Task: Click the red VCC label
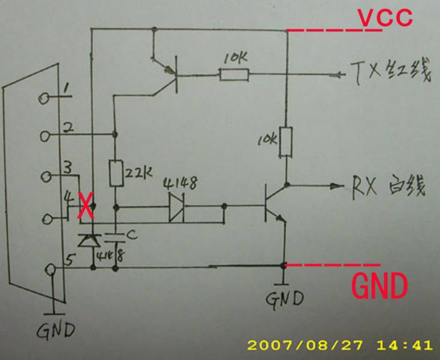pyautogui.click(x=385, y=17)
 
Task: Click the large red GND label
pyautogui.click(x=379, y=287)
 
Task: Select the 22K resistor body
pyautogui.click(x=116, y=173)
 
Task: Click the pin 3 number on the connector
pyautogui.click(x=68, y=166)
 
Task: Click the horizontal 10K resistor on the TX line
pyautogui.click(x=234, y=75)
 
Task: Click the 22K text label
pyautogui.click(x=139, y=174)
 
